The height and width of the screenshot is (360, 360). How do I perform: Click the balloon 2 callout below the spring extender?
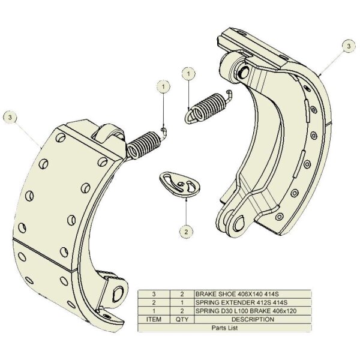[186, 232]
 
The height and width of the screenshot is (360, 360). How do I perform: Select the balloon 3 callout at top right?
[349, 46]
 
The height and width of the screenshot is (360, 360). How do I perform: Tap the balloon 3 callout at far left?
[10, 118]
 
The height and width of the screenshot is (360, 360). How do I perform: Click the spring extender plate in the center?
[179, 184]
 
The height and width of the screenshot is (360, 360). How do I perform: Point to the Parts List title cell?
[224, 328]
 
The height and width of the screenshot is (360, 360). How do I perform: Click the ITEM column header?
[154, 319]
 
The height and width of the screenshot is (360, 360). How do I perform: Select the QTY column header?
[182, 319]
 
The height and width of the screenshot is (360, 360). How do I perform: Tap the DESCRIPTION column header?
[253, 319]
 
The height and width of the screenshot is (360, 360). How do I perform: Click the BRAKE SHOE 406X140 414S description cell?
[253, 294]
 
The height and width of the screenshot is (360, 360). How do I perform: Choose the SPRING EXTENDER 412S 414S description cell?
[253, 302]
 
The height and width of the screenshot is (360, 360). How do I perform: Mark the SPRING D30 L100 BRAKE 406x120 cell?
[253, 311]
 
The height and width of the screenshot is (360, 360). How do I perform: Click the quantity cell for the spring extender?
[182, 302]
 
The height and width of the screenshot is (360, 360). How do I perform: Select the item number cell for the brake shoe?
[154, 294]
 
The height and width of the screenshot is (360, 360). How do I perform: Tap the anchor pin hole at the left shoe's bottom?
[118, 294]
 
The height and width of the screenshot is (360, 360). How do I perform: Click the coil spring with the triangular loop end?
[208, 107]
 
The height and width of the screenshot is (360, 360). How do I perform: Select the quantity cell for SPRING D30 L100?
[182, 311]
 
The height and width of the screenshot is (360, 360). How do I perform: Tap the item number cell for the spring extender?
[154, 302]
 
